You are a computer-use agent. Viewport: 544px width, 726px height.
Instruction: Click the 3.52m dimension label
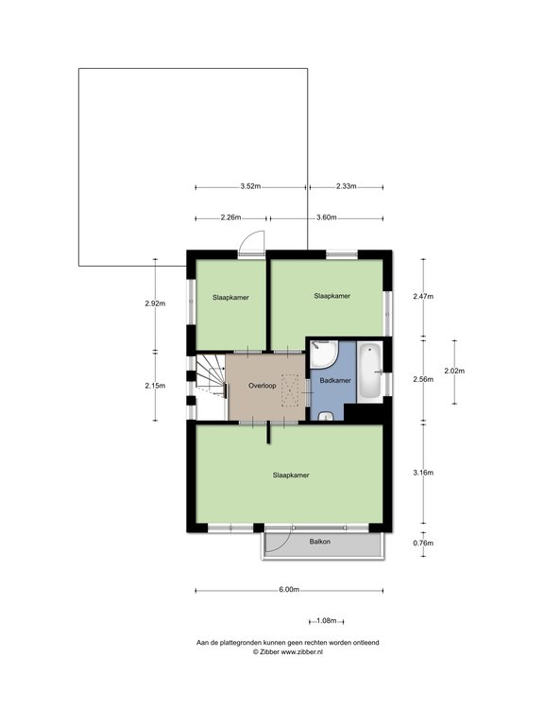(x=250, y=186)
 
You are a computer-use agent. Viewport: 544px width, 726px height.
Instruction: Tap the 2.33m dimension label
(x=346, y=186)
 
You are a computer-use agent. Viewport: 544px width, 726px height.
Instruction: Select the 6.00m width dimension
(x=289, y=590)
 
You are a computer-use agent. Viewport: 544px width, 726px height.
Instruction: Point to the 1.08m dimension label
(x=326, y=621)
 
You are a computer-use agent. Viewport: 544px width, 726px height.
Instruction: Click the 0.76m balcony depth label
(x=423, y=544)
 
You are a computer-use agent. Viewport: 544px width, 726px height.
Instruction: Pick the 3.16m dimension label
(x=423, y=473)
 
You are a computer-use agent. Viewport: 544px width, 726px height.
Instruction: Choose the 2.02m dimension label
(x=454, y=371)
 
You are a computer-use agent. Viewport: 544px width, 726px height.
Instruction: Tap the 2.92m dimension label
(x=155, y=303)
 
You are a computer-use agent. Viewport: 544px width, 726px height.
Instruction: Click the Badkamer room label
(x=335, y=381)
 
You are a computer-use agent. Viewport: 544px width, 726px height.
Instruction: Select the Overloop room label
(x=263, y=386)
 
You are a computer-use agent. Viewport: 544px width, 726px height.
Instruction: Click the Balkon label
(x=319, y=542)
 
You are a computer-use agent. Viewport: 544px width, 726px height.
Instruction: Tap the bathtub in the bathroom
(x=370, y=371)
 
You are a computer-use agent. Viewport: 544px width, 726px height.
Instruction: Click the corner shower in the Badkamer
(x=324, y=354)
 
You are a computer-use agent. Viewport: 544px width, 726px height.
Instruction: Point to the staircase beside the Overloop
(x=212, y=375)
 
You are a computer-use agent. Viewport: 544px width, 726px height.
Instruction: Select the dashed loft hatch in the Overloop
(x=290, y=390)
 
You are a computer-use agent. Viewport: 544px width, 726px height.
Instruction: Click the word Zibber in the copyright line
(x=269, y=652)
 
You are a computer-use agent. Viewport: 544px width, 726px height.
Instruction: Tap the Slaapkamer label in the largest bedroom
(x=291, y=475)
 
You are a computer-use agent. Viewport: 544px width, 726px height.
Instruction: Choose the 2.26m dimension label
(x=230, y=217)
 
